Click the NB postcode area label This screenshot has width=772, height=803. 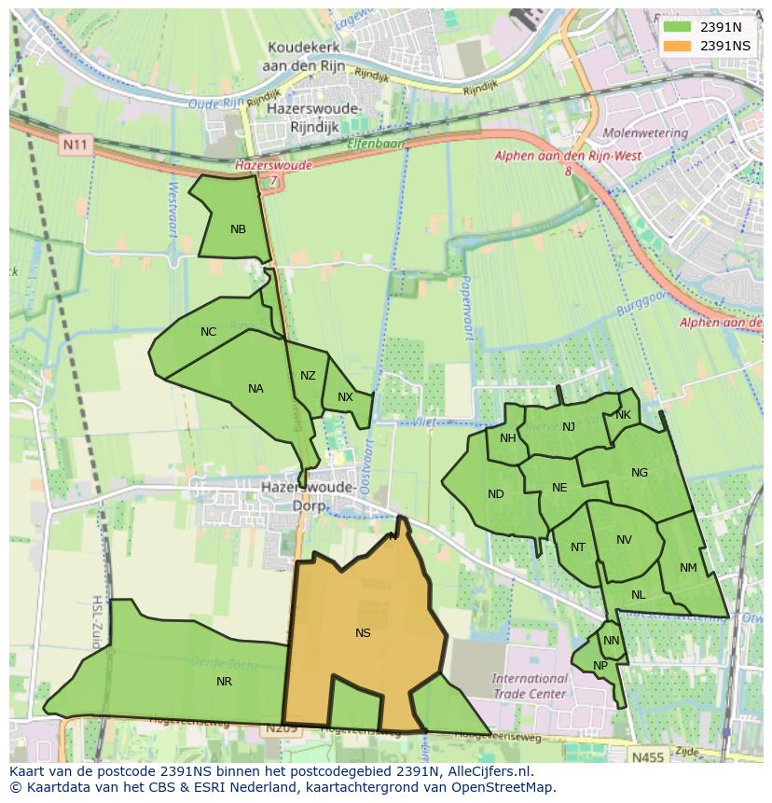click(238, 228)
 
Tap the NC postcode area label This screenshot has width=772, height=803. click(208, 331)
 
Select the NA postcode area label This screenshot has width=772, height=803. click(255, 389)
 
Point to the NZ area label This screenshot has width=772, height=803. click(308, 376)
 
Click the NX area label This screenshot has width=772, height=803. click(345, 396)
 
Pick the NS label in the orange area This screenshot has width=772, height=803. click(363, 632)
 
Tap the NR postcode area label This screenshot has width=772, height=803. click(224, 681)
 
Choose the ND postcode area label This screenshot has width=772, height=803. click(496, 493)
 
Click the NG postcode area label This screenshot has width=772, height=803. click(639, 472)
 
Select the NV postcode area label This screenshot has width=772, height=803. click(624, 539)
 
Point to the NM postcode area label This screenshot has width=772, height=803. click(688, 567)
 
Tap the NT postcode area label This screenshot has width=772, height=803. click(578, 547)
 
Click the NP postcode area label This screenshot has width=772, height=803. click(600, 665)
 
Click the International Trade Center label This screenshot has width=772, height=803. click(530, 685)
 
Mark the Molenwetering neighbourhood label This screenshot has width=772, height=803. click(644, 133)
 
